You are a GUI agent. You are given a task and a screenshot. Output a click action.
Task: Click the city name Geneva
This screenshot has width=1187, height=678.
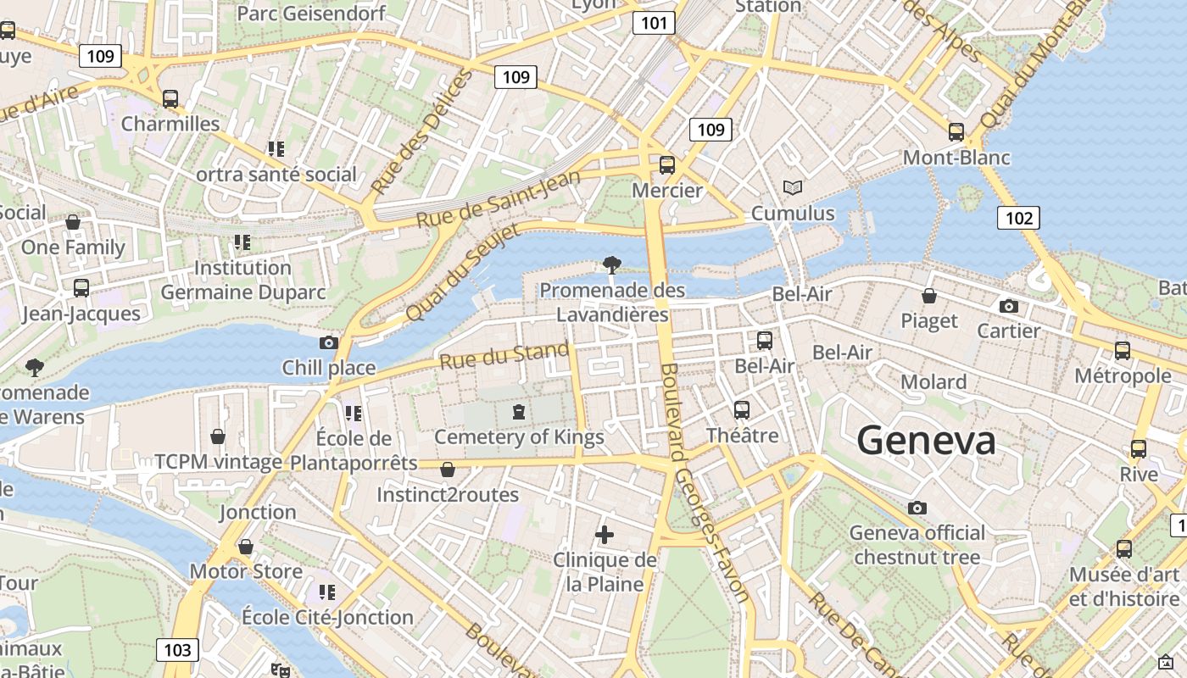(926, 441)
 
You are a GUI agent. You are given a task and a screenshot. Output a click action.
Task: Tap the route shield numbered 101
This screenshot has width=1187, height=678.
(654, 23)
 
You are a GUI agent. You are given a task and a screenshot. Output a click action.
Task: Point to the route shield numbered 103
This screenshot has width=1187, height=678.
(177, 650)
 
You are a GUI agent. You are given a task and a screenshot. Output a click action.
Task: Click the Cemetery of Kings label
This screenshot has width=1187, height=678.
(519, 437)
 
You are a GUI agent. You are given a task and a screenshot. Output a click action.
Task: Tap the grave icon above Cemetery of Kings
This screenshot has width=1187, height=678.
(518, 413)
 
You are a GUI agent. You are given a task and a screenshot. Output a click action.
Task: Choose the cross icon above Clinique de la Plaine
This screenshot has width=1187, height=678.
(605, 535)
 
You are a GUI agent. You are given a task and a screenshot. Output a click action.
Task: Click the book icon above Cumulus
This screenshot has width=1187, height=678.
(793, 187)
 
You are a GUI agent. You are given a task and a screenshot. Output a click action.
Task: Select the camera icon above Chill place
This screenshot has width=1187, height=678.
(329, 342)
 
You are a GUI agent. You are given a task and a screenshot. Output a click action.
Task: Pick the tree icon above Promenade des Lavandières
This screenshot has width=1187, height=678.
(611, 265)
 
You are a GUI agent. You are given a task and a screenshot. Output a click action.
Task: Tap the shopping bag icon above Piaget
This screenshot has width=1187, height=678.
(929, 296)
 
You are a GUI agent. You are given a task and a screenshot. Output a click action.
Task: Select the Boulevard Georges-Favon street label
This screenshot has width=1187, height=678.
(705, 483)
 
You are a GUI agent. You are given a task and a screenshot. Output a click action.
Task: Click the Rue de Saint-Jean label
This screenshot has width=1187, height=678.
(498, 198)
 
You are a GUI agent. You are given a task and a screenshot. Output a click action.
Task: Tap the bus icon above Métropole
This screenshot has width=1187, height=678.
(1123, 350)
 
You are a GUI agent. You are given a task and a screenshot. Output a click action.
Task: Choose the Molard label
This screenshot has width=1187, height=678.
(933, 381)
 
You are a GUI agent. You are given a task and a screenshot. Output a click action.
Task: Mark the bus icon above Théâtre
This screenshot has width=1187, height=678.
(742, 410)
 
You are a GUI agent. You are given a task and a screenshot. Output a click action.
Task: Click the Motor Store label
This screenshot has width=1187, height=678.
(246, 571)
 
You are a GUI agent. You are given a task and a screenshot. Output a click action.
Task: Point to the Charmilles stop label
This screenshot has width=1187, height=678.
(170, 124)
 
